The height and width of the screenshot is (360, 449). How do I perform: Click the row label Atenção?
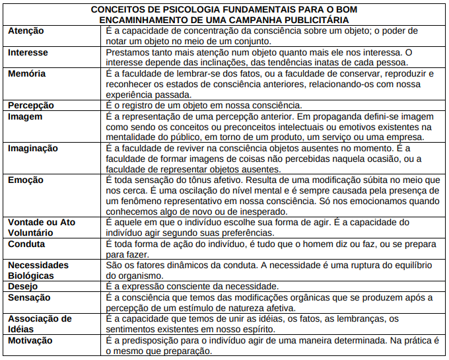click(x=25, y=32)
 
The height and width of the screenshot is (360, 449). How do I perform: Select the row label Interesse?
click(x=28, y=52)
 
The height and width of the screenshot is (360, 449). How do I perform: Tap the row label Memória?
click(x=26, y=74)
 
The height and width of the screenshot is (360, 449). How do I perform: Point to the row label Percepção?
click(x=31, y=105)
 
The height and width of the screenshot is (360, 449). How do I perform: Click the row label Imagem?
click(x=25, y=117)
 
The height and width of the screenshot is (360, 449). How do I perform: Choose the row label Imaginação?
click(x=33, y=149)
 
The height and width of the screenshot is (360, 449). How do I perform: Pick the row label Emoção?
click(x=26, y=180)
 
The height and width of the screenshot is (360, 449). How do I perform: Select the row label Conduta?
click(x=26, y=244)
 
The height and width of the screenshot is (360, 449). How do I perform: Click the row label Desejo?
click(x=24, y=287)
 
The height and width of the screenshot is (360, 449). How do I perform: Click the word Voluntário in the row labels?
click(x=32, y=233)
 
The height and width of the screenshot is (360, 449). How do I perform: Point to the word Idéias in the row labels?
click(x=21, y=329)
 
